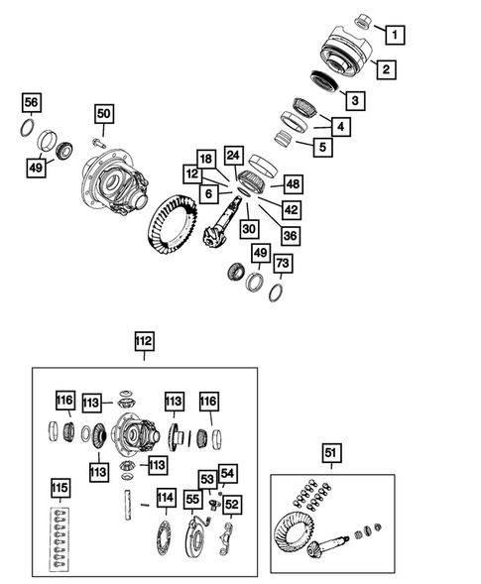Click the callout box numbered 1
(x=394, y=37)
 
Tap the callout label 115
(x=61, y=489)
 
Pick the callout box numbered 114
(x=165, y=498)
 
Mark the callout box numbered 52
(x=231, y=504)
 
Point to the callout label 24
(x=233, y=156)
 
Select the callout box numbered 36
(x=290, y=235)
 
